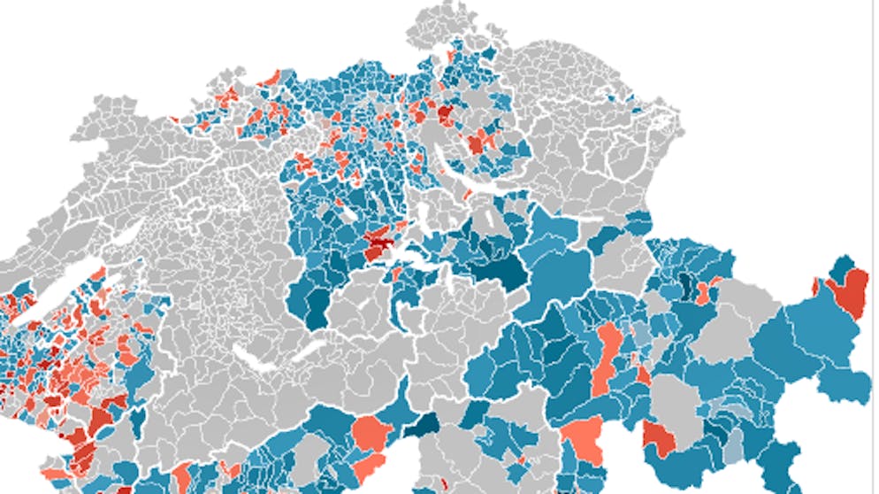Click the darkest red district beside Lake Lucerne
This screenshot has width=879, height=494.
[380, 237]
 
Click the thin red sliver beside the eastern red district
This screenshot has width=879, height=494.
[815, 286]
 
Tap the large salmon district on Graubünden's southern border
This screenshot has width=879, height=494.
[582, 437]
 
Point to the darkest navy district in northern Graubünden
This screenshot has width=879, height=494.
[685, 284]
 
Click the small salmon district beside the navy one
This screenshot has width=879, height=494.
[704, 292]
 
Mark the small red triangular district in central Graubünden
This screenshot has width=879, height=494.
[643, 374]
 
